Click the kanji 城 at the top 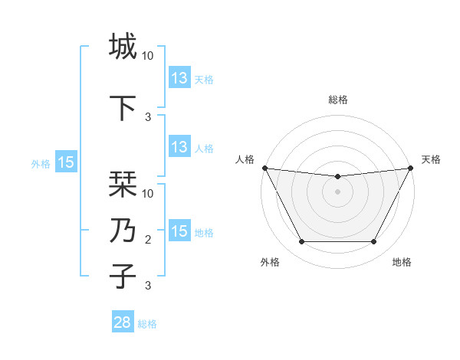click(x=123, y=47)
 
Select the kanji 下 click(x=123, y=106)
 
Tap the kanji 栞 click(x=123, y=184)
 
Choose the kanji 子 click(x=123, y=276)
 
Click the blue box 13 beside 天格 click(x=179, y=78)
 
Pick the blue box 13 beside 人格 click(x=179, y=147)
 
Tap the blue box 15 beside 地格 click(x=179, y=231)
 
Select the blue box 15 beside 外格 click(x=66, y=162)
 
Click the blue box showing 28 click(x=123, y=322)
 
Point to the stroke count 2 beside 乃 click(x=148, y=240)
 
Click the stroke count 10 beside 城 click(x=148, y=56)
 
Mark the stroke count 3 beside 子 click(x=148, y=286)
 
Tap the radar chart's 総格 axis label click(x=337, y=100)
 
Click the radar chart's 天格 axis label click(x=431, y=159)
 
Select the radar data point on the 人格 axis click(x=264, y=168)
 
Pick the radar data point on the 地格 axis click(x=373, y=242)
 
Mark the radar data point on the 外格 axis click(x=301, y=242)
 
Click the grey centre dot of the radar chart click(x=337, y=191)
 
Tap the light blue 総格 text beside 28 click(x=147, y=324)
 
